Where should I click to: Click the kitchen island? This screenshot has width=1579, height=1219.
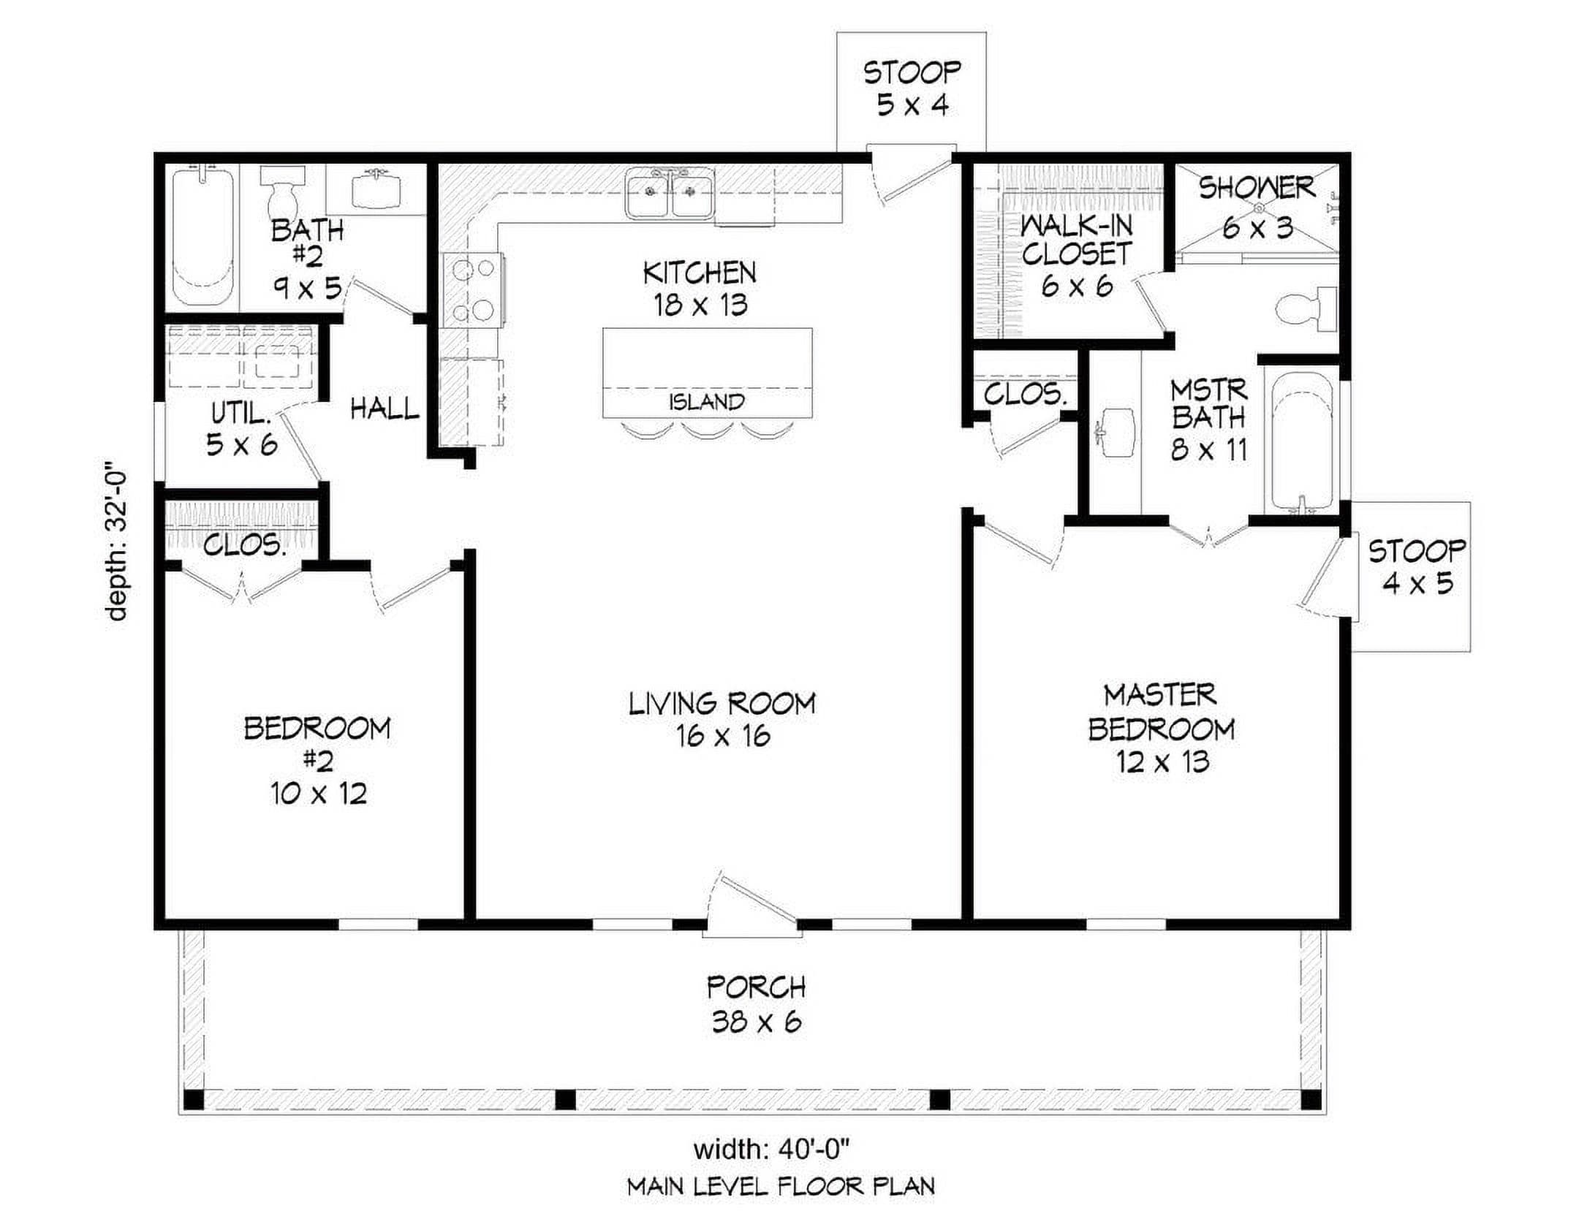coord(707,373)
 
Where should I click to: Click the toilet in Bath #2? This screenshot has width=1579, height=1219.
coord(282,188)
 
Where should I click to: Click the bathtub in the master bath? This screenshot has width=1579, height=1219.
coord(1304,442)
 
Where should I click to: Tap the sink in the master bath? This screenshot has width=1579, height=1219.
coord(1115,432)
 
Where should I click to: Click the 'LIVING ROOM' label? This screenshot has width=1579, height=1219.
coord(722,704)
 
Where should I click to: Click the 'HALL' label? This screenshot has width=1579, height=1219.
coord(385,409)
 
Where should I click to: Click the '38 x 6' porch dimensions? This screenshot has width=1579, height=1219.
coord(757,1022)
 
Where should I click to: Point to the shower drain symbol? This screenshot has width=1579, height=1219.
coord(1258,207)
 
